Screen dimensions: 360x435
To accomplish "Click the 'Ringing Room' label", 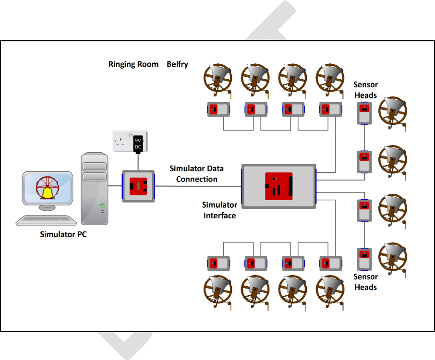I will (x=133, y=64).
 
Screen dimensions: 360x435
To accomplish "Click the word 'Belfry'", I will (x=178, y=64).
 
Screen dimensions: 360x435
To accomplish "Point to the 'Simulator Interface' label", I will (x=219, y=210).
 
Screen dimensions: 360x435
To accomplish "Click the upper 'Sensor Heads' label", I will (x=365, y=90).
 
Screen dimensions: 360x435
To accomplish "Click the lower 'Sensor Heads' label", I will (x=365, y=282).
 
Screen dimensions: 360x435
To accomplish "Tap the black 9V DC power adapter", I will (x=139, y=142).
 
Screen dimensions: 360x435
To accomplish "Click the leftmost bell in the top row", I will (x=216, y=79).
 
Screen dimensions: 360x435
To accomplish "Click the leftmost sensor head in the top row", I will (x=218, y=109).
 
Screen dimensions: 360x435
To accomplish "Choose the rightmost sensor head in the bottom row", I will (x=330, y=263).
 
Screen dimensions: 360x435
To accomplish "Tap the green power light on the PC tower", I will (x=102, y=206).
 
